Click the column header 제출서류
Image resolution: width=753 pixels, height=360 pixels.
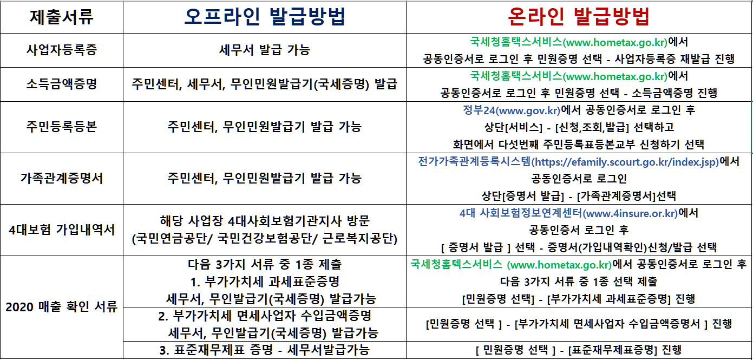tap(61, 17)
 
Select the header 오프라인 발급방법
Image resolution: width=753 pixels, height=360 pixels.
tap(264, 17)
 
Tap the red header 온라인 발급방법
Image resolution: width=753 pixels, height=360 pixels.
tap(579, 17)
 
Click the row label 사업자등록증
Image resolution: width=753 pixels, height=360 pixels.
tap(61, 50)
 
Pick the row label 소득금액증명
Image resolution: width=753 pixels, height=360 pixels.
tap(61, 84)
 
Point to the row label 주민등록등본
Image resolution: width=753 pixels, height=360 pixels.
tap(61, 127)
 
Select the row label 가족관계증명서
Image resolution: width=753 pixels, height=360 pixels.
tap(61, 179)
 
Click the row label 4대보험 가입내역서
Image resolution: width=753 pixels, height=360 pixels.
tap(61, 230)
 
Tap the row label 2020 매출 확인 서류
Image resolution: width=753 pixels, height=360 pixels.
tap(61, 307)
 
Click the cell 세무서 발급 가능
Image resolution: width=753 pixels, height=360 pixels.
tap(264, 50)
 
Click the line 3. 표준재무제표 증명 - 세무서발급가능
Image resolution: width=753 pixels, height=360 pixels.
tap(264, 350)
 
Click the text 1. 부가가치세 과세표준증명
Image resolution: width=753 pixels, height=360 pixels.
tap(264, 282)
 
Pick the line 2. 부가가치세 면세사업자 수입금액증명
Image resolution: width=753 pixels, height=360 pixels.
tap(264, 316)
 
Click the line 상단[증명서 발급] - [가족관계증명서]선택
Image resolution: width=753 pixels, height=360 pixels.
tap(579, 195)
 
